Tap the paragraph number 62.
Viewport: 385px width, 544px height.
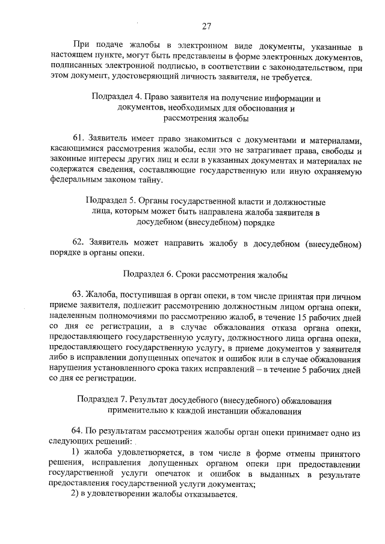coord(78,243)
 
